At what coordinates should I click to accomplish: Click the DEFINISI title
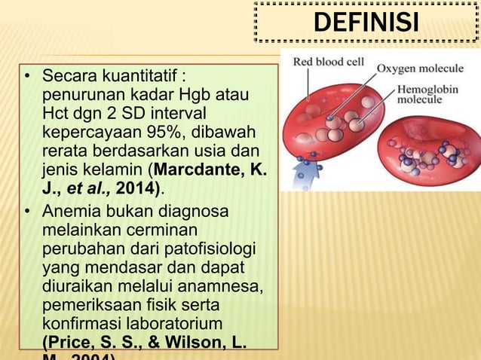366,23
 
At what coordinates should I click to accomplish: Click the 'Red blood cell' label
329,61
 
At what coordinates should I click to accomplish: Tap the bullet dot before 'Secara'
26,78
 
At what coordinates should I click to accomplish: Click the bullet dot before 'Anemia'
26,212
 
